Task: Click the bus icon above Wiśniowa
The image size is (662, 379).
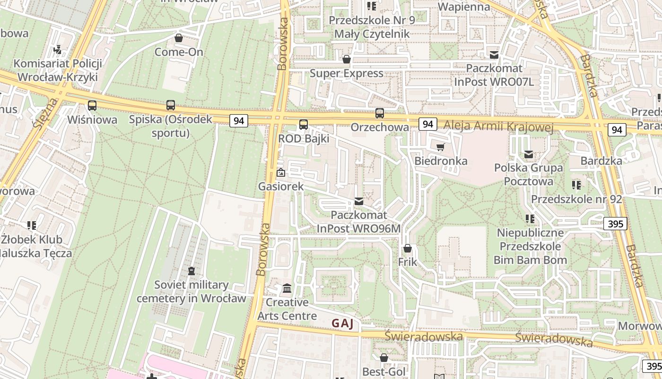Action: point(92,106)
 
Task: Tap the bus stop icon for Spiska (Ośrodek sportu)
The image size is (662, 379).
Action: point(171,105)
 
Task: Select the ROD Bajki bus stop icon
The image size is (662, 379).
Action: point(304,125)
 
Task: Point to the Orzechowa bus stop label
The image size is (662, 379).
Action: point(380,127)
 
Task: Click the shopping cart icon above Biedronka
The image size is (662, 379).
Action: point(441,147)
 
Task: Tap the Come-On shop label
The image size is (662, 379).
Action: point(179,52)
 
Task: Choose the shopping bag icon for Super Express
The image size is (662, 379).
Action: point(347,59)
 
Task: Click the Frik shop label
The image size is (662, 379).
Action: point(408,262)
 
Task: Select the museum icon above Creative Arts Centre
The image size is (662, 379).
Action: point(287,289)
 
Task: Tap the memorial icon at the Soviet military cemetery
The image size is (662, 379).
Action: point(192,271)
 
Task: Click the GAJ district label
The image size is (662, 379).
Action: point(342,324)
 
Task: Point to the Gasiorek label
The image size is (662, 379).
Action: point(281,186)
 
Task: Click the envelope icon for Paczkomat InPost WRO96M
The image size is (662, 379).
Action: point(359,202)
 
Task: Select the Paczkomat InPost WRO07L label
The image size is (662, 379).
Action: point(494,75)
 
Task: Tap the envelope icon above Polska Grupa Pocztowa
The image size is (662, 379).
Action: point(529,154)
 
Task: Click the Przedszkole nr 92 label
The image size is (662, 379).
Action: point(576,199)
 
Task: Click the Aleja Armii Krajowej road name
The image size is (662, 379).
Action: point(499,126)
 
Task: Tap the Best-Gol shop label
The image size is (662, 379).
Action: point(384,371)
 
